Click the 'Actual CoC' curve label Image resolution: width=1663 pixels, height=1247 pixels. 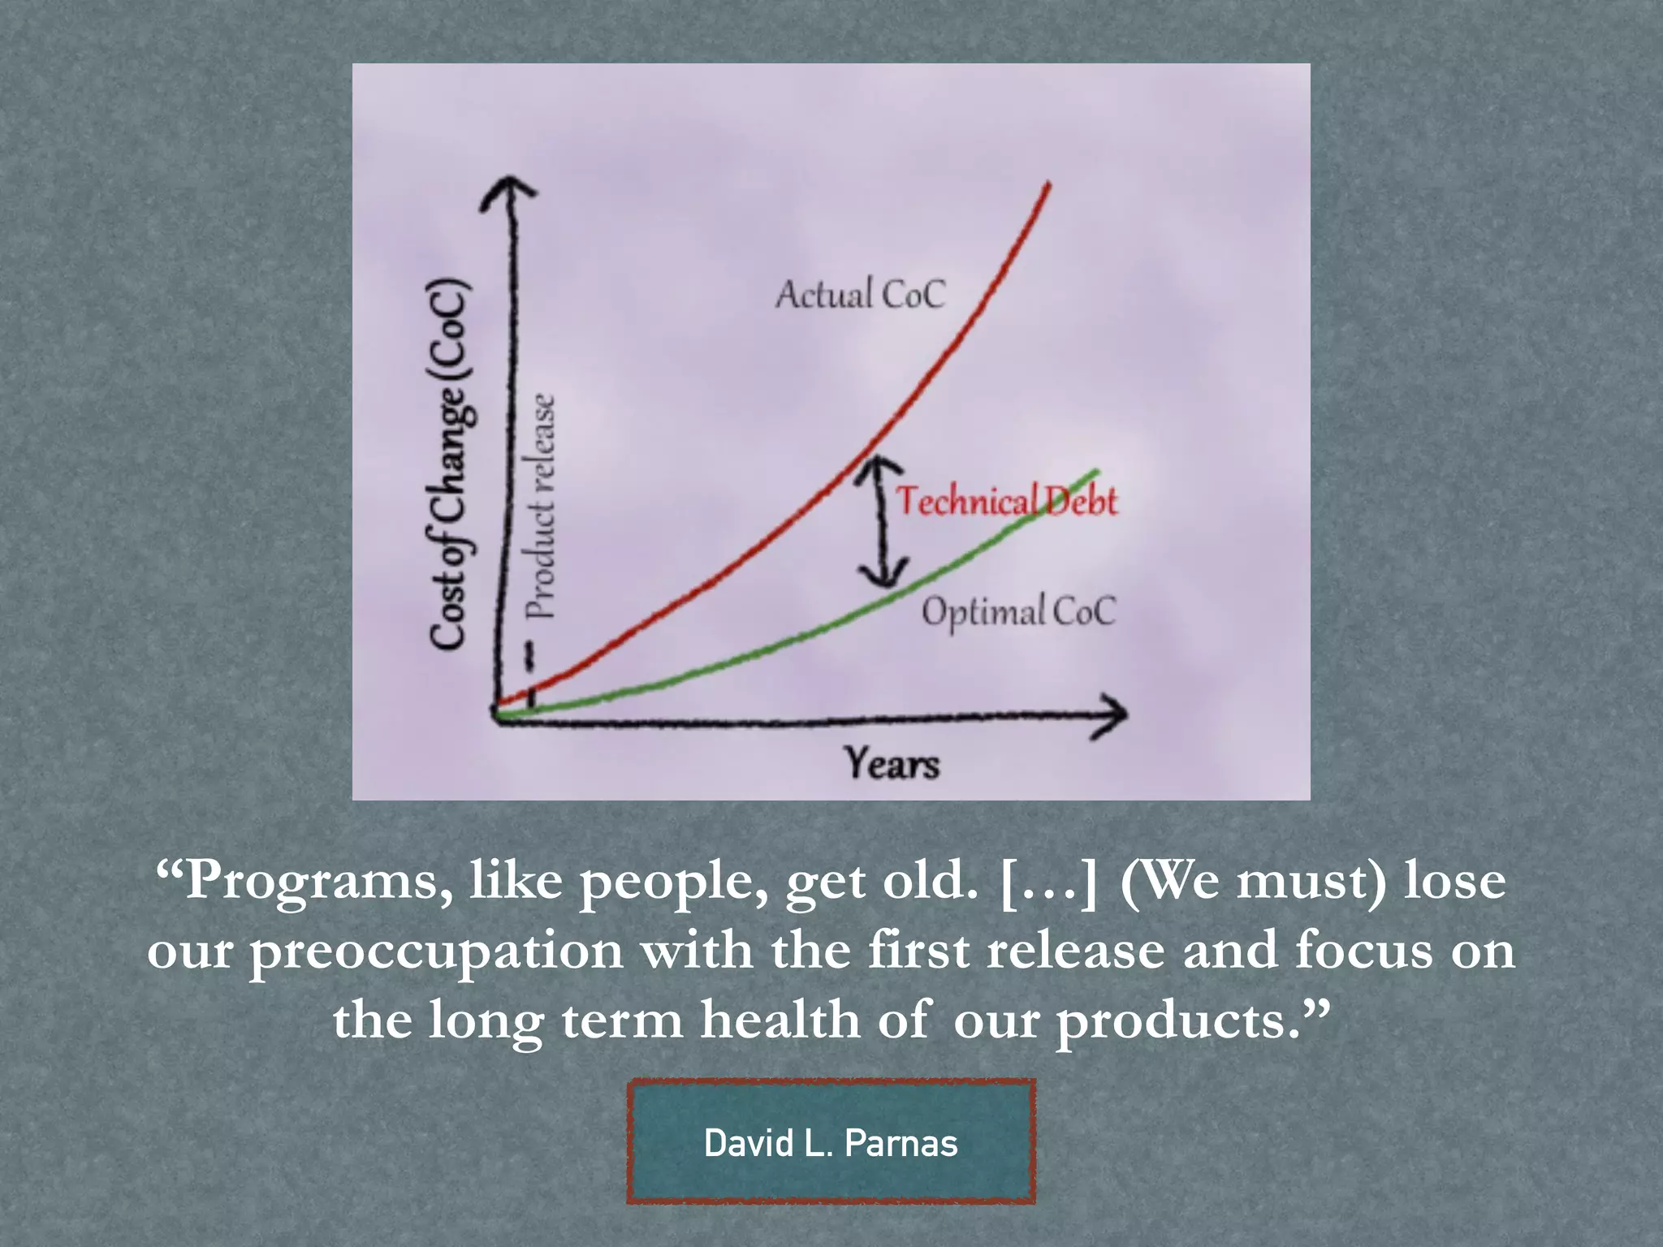(x=861, y=294)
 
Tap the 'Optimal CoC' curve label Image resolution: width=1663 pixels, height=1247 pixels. (x=1018, y=611)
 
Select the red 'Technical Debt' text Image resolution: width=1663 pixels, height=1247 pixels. (x=1007, y=501)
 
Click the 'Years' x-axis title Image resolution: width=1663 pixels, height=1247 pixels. (x=892, y=763)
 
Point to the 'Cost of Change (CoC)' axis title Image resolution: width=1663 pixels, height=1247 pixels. (x=449, y=464)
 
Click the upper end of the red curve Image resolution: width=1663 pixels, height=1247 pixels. (x=1048, y=186)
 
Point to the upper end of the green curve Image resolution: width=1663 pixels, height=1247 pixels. (x=1096, y=472)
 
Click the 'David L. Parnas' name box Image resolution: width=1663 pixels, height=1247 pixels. (x=831, y=1142)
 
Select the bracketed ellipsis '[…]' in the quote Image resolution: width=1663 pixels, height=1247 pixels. (x=1048, y=882)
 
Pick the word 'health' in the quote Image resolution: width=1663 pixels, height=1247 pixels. (x=780, y=1020)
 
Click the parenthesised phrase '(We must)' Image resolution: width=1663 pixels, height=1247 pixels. (x=1253, y=882)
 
